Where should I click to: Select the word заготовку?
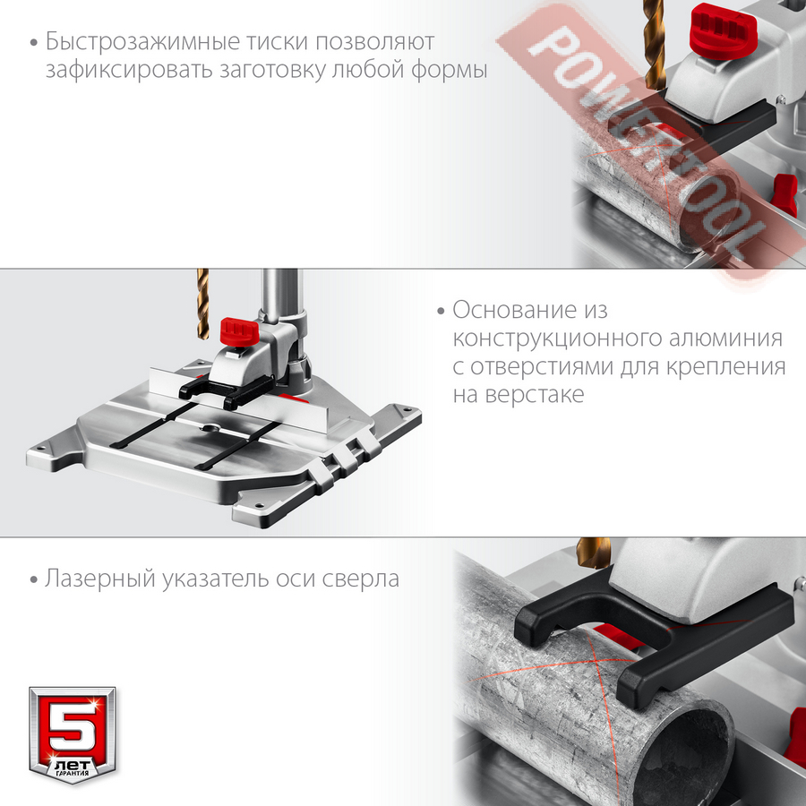click(x=272, y=71)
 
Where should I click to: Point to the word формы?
click(x=449, y=70)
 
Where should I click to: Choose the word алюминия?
click(x=725, y=339)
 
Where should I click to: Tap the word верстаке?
click(x=534, y=395)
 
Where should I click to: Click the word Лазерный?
click(x=99, y=579)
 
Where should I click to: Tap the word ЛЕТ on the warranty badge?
click(x=73, y=764)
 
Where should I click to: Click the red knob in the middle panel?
click(x=239, y=331)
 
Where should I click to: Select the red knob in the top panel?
click(x=723, y=30)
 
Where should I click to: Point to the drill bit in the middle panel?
click(x=203, y=304)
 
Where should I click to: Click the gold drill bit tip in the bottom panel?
click(x=594, y=553)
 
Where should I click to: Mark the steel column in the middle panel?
click(x=280, y=297)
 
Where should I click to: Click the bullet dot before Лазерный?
click(x=34, y=580)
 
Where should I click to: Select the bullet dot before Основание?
click(x=441, y=312)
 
